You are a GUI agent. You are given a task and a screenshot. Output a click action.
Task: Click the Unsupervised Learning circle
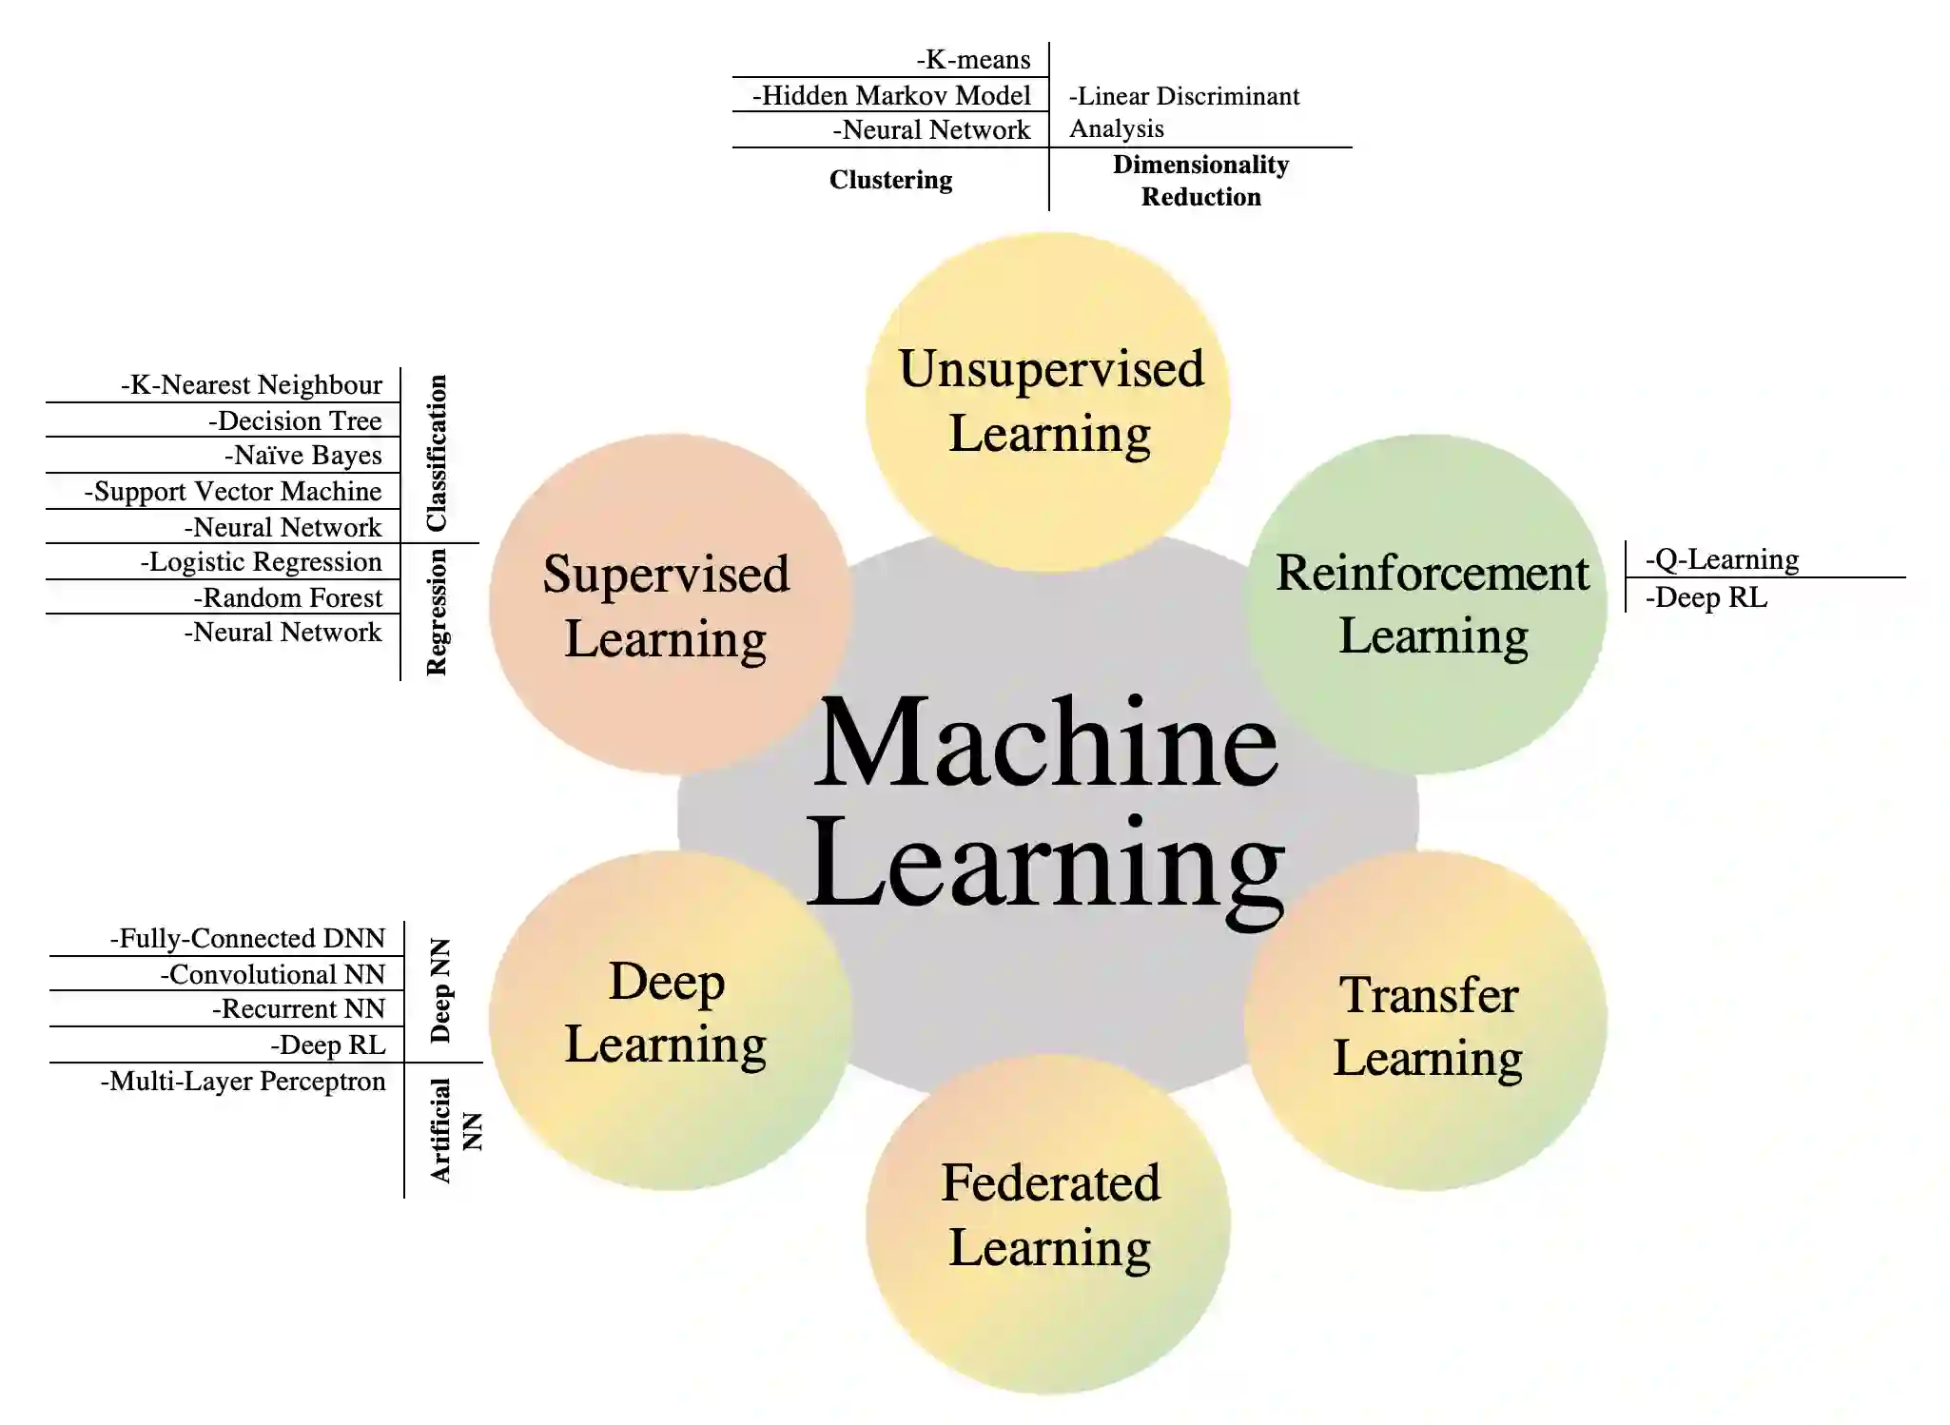point(1048,401)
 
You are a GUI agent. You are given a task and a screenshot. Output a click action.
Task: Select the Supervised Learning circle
point(668,605)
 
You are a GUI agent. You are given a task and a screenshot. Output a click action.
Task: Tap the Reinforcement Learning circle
point(1427,603)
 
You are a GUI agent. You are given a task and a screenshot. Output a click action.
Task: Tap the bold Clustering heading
point(890,180)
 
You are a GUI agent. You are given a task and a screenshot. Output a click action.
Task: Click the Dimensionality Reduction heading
point(1200,181)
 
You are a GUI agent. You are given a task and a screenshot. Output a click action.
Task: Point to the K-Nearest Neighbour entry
point(251,385)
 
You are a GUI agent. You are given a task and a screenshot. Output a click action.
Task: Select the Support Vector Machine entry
point(233,492)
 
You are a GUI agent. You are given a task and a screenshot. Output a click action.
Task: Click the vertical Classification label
point(437,453)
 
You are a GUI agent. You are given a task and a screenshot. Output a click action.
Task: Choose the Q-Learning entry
point(1722,559)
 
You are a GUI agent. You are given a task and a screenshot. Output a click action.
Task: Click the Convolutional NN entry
point(273,975)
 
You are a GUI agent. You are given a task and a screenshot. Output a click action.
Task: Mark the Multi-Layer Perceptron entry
point(244,1082)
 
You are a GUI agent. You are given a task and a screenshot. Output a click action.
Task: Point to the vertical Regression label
point(437,613)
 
